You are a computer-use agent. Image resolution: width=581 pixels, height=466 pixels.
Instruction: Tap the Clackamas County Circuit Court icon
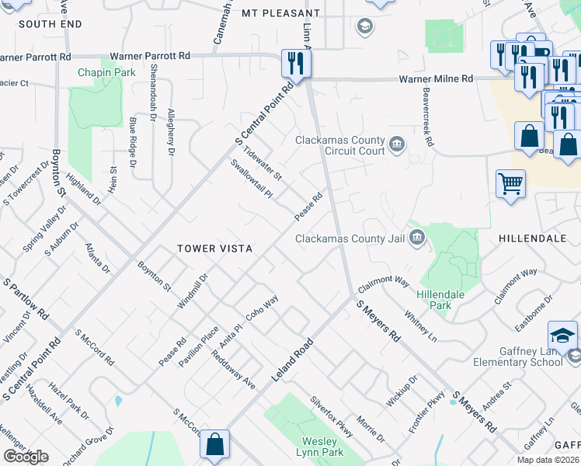397,144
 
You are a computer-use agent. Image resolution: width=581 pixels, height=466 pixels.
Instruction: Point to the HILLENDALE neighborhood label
532,238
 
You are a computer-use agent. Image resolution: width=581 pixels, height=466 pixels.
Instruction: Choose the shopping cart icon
510,184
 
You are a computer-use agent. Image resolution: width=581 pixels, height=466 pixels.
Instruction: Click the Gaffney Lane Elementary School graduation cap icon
562,335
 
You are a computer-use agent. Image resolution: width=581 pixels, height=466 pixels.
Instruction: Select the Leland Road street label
292,359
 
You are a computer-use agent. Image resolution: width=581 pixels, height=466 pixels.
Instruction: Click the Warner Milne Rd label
436,79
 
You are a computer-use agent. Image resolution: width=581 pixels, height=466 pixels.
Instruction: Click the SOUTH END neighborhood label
50,24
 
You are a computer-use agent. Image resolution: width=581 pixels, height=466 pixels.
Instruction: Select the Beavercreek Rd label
426,123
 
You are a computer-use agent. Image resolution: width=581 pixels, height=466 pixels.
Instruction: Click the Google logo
26,457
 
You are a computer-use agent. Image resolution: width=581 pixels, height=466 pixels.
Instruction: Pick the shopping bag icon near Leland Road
214,445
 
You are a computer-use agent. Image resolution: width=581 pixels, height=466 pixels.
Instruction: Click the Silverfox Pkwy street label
332,416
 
